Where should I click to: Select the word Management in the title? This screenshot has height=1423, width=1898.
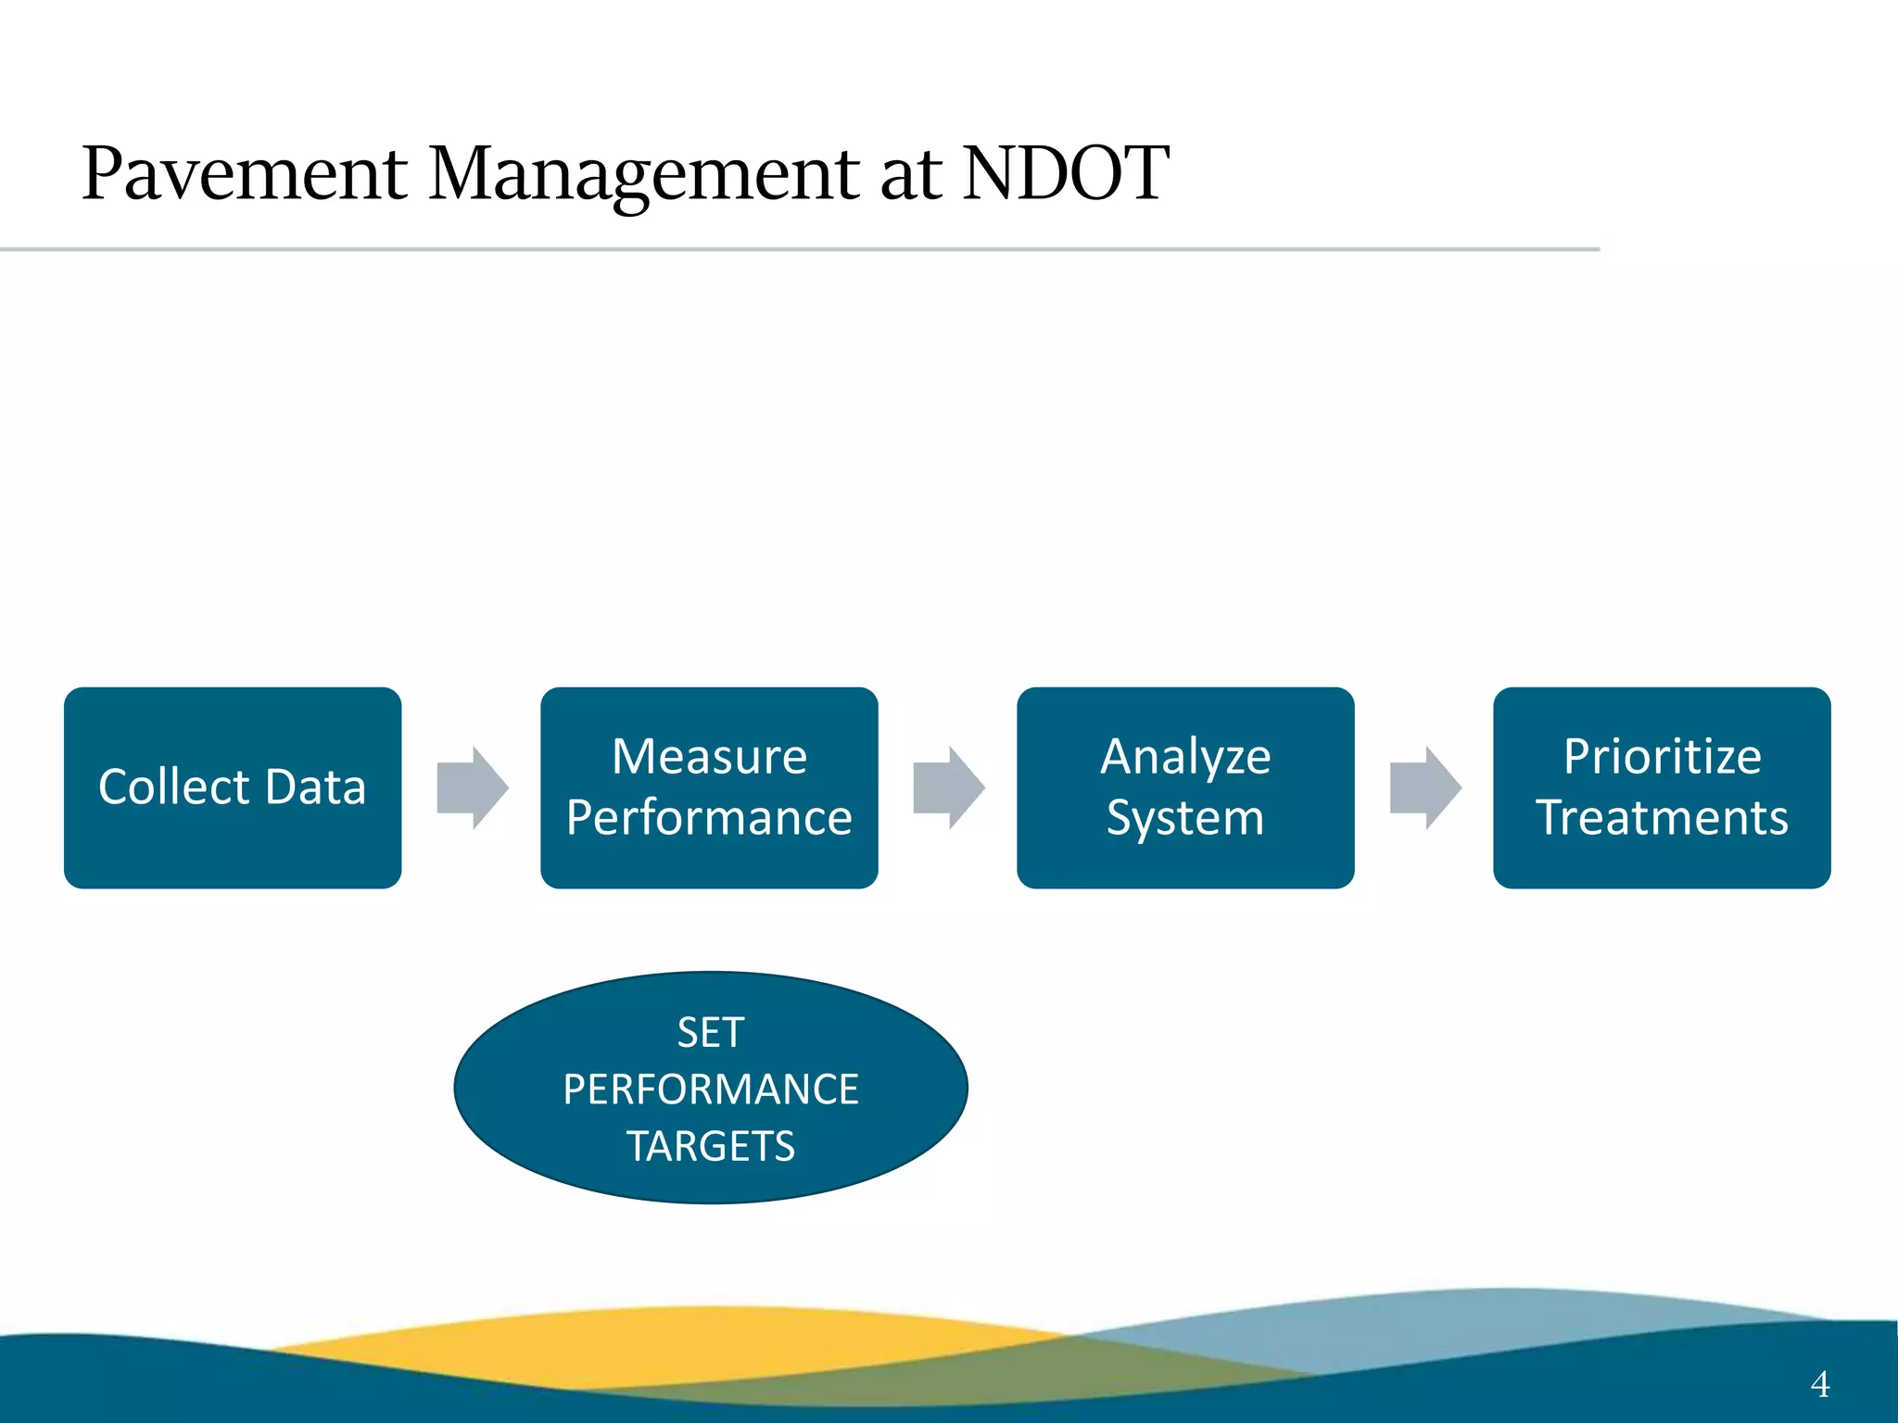645,174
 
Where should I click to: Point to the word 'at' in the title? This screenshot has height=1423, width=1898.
912,176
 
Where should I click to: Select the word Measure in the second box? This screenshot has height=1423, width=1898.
709,756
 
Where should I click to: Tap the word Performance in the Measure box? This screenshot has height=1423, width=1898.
709,818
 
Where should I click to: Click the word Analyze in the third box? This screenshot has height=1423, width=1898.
1185,758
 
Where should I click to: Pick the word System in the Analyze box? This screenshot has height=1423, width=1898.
1185,819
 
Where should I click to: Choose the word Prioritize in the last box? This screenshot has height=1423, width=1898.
1662,756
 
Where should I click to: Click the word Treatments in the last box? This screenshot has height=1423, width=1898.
1662,818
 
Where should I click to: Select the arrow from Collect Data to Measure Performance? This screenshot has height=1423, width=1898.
473,787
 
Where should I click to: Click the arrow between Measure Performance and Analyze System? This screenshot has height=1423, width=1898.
949,787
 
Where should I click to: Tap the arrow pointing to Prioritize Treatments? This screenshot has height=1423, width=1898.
1425,787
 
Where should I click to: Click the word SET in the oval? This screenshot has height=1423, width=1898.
711,1032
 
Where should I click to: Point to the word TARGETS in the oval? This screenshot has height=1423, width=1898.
711,1147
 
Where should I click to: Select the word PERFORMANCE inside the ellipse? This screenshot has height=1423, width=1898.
711,1089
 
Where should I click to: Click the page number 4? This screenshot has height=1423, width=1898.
1819,1384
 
